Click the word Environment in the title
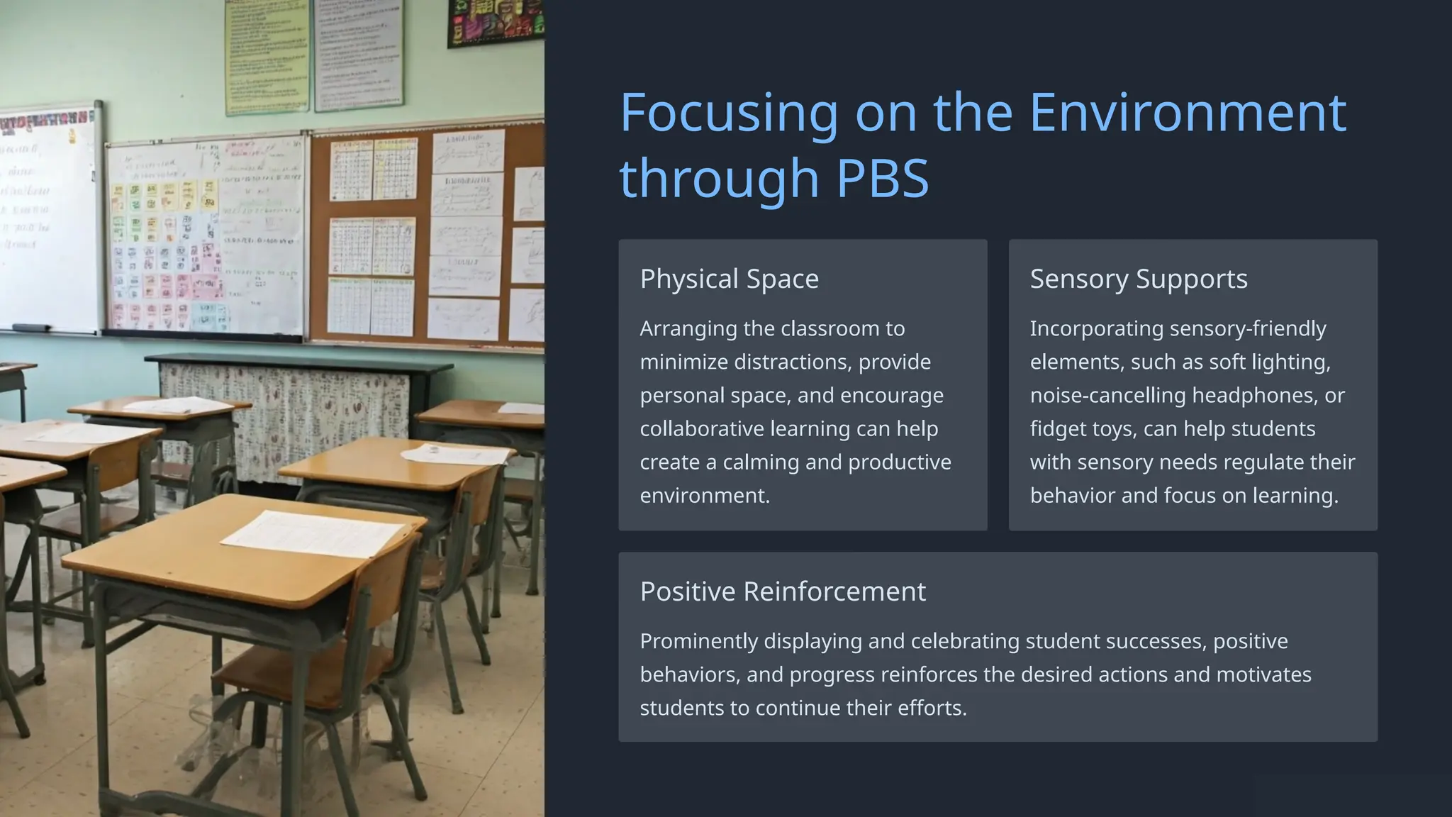tap(1187, 113)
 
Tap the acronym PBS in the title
tap(882, 178)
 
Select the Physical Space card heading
tap(729, 279)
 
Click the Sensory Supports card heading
tap(1138, 279)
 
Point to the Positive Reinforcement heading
tap(782, 591)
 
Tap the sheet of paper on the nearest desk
tap(312, 534)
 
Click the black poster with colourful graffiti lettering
tap(495, 21)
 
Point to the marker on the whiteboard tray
tap(31, 328)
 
